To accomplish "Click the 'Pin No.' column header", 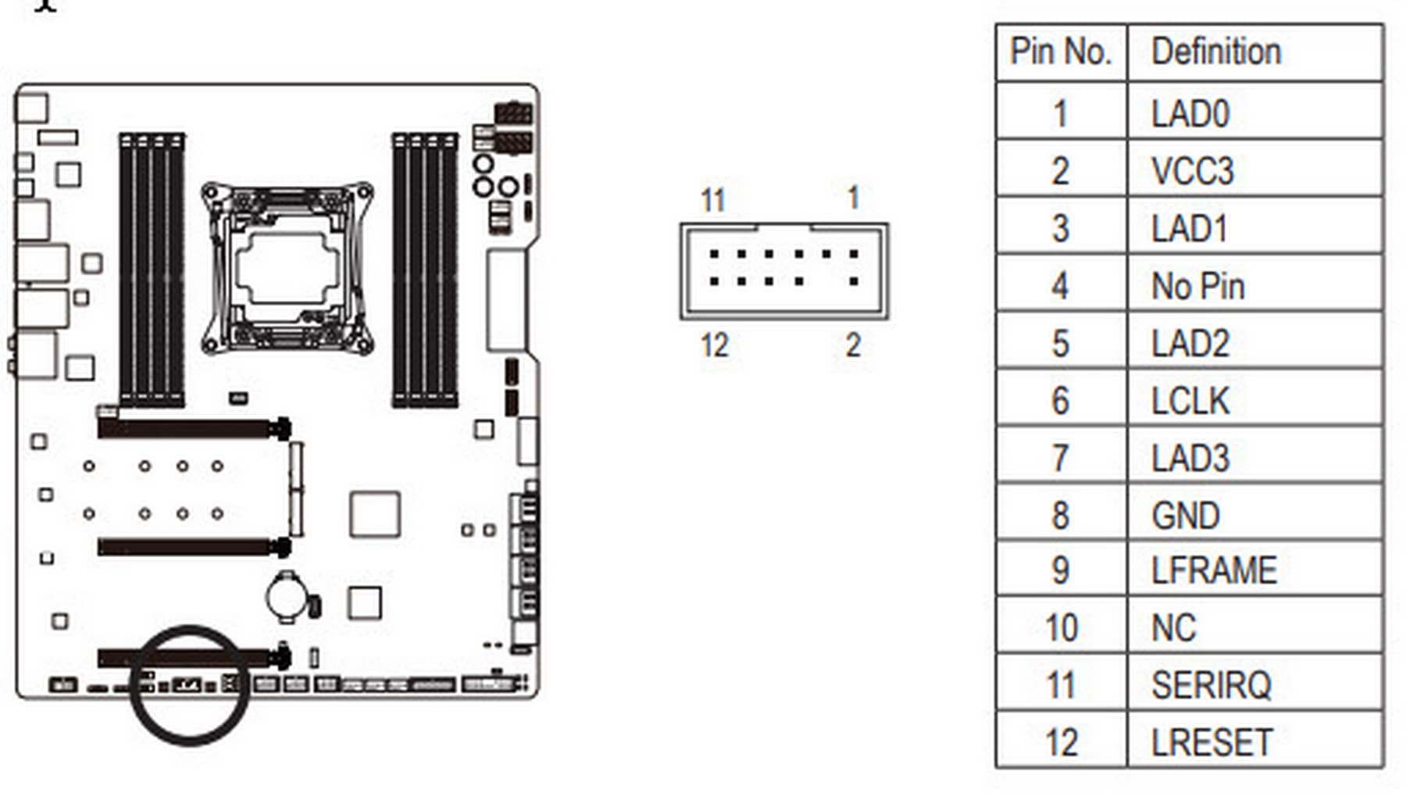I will pos(1060,52).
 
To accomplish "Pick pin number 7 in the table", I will pos(1060,458).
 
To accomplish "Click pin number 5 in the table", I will pos(1060,344).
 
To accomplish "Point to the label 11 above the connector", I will pos(712,200).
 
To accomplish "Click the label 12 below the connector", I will pos(714,345).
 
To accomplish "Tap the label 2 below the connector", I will pos(853,345).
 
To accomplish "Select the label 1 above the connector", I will pos(854,198).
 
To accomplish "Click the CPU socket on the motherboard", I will pos(287,268).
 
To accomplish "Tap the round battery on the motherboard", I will pos(287,596).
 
